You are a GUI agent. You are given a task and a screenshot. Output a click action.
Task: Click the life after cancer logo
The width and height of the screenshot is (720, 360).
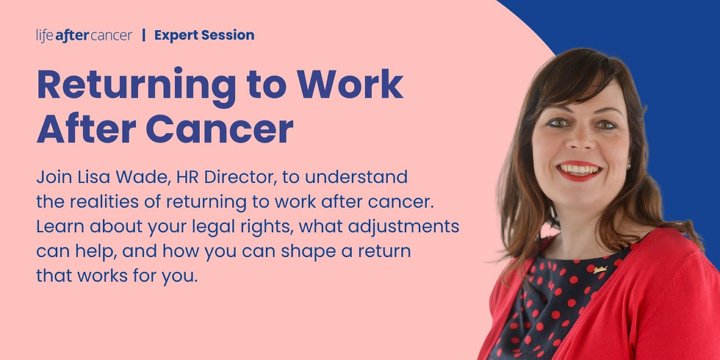click(84, 35)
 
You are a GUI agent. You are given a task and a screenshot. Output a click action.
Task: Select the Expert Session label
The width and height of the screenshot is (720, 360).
click(204, 35)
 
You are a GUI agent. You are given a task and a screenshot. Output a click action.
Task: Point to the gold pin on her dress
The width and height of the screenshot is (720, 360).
click(600, 270)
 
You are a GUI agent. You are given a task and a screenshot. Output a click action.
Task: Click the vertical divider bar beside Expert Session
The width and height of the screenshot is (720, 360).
click(143, 35)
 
